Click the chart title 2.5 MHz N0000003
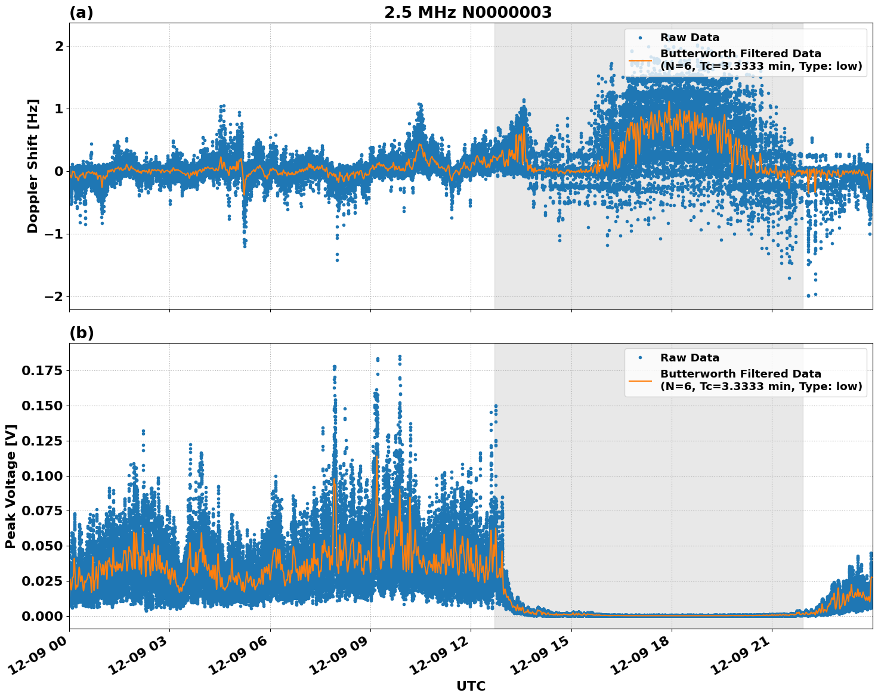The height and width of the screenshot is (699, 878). pos(468,13)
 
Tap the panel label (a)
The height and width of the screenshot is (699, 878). pos(81,13)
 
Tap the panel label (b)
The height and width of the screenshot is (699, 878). pos(81,333)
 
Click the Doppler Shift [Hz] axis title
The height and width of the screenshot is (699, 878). pos(33,166)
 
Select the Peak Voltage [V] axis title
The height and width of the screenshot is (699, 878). pos(11,486)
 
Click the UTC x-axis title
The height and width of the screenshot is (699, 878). pos(471,686)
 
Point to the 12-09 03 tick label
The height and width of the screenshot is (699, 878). pos(141,658)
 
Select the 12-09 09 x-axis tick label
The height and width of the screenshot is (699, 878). pos(342,658)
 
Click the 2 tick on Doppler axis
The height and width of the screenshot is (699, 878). pos(58,46)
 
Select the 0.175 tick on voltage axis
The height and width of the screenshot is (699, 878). pos(42,371)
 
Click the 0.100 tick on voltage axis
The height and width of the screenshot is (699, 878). pos(42,476)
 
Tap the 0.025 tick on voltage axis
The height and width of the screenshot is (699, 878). pos(42,581)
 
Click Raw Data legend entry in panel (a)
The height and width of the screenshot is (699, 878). pos(690,38)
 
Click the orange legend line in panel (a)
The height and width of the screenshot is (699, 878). pos(640,60)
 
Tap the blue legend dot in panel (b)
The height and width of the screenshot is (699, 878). pos(640,358)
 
